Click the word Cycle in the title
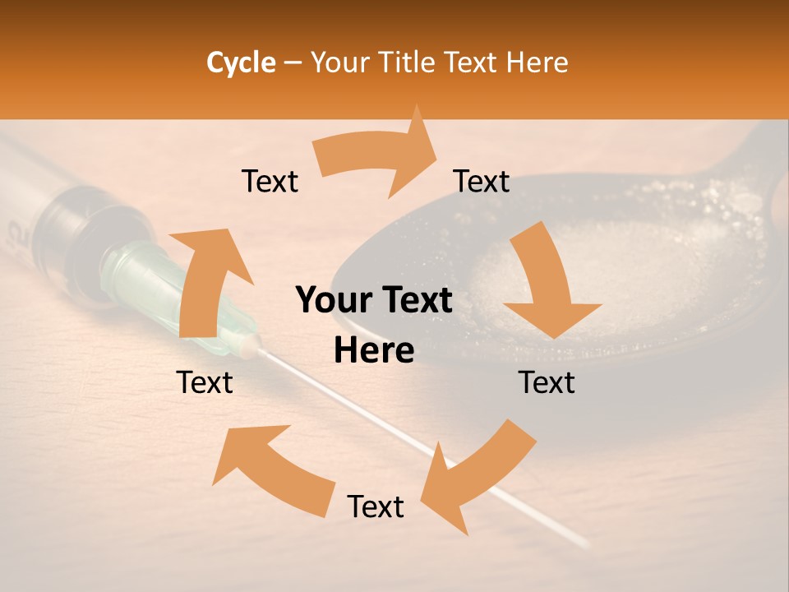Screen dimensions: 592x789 [x=241, y=62]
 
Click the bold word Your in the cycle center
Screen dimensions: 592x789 [x=333, y=301]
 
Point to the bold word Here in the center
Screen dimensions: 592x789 [x=374, y=351]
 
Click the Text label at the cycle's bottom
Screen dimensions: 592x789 [x=376, y=507]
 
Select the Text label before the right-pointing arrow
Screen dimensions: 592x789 [x=270, y=182]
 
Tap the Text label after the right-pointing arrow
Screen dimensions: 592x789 [x=482, y=182]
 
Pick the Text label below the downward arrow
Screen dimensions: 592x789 [x=547, y=383]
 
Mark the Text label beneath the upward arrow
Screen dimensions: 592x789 [x=205, y=383]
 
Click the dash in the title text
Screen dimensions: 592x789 [x=292, y=62]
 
